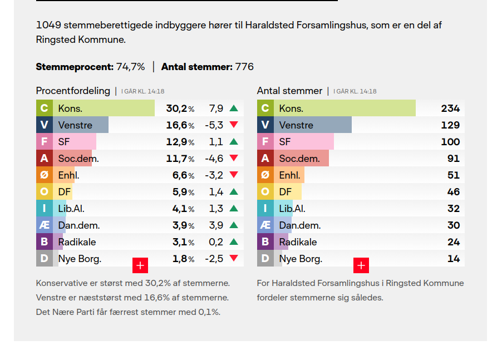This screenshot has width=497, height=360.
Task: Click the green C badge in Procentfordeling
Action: tap(45, 109)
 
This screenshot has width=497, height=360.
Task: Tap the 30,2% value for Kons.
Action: tap(180, 109)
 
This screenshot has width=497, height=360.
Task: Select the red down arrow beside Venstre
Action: tap(234, 125)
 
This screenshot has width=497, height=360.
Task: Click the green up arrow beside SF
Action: tap(234, 142)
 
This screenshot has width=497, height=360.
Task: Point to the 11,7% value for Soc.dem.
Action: tap(180, 159)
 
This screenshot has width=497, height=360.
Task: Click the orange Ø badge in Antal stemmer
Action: tap(265, 175)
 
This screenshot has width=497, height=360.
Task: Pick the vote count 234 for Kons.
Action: tap(450, 109)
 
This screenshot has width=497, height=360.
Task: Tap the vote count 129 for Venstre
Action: tap(450, 125)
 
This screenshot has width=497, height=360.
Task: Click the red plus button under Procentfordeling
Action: tap(140, 265)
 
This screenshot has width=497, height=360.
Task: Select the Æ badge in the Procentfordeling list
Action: tap(45, 225)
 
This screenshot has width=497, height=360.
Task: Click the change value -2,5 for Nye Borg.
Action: tap(214, 259)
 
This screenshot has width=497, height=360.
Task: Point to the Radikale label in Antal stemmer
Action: tap(298, 242)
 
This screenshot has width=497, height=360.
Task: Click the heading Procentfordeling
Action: tap(73, 91)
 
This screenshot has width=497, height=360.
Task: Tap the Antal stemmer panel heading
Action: tap(289, 91)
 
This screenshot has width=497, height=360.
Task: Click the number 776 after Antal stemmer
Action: tap(244, 67)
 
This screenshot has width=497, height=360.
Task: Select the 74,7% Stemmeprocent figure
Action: tap(130, 67)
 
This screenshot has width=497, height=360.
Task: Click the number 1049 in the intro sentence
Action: tap(48, 25)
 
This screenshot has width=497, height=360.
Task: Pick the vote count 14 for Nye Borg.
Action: tap(454, 259)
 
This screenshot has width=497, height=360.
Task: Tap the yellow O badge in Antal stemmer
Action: tap(265, 192)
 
